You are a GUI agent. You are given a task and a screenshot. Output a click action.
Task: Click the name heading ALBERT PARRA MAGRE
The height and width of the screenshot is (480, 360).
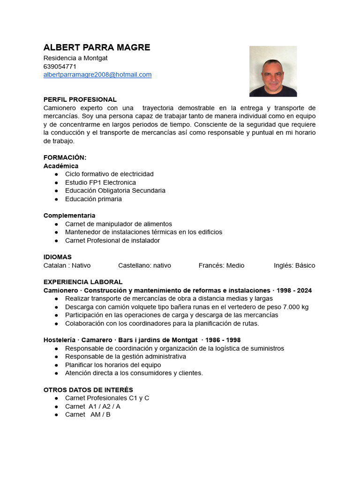(x=97, y=47)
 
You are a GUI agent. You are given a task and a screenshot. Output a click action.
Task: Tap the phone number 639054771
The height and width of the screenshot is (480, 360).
(x=60, y=67)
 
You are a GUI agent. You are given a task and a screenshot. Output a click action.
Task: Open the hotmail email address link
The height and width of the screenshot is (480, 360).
(x=97, y=75)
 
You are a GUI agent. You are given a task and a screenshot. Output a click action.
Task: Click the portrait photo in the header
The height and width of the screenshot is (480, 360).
(x=273, y=71)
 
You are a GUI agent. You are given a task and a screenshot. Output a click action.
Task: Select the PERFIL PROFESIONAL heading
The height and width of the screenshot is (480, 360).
(x=80, y=99)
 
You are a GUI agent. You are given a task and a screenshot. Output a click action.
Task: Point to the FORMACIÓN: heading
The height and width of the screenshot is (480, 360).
(x=65, y=157)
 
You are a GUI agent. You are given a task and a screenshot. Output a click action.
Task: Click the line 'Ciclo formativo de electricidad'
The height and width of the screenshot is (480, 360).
(x=109, y=174)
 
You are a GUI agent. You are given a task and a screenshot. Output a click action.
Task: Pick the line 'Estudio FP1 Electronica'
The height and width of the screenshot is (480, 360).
(x=100, y=182)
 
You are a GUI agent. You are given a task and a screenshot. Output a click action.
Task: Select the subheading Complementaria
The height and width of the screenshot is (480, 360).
(x=69, y=216)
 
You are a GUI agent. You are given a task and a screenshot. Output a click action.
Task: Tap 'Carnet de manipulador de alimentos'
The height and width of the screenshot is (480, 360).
(x=119, y=224)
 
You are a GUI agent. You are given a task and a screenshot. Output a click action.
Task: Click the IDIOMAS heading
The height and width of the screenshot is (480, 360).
(x=58, y=257)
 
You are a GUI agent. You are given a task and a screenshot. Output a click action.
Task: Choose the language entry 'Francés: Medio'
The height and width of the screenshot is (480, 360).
(x=221, y=265)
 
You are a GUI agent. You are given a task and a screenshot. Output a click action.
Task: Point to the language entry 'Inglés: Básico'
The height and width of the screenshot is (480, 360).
(x=294, y=265)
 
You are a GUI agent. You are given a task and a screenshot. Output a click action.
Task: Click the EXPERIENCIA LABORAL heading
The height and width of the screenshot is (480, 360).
(x=83, y=282)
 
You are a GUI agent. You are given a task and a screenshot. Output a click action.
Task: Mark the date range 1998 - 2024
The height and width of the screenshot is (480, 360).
(x=294, y=290)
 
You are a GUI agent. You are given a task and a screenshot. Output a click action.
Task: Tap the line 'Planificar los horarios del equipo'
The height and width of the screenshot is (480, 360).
(x=113, y=365)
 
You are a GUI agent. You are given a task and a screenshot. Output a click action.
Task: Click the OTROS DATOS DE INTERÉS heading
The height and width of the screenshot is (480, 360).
(x=88, y=390)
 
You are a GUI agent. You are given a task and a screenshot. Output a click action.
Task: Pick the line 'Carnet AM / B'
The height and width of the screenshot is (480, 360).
(x=88, y=414)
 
